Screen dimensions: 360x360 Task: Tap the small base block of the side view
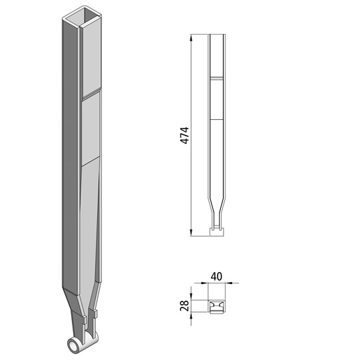pos(216,232)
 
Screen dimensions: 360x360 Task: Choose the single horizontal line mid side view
pos(216,119)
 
